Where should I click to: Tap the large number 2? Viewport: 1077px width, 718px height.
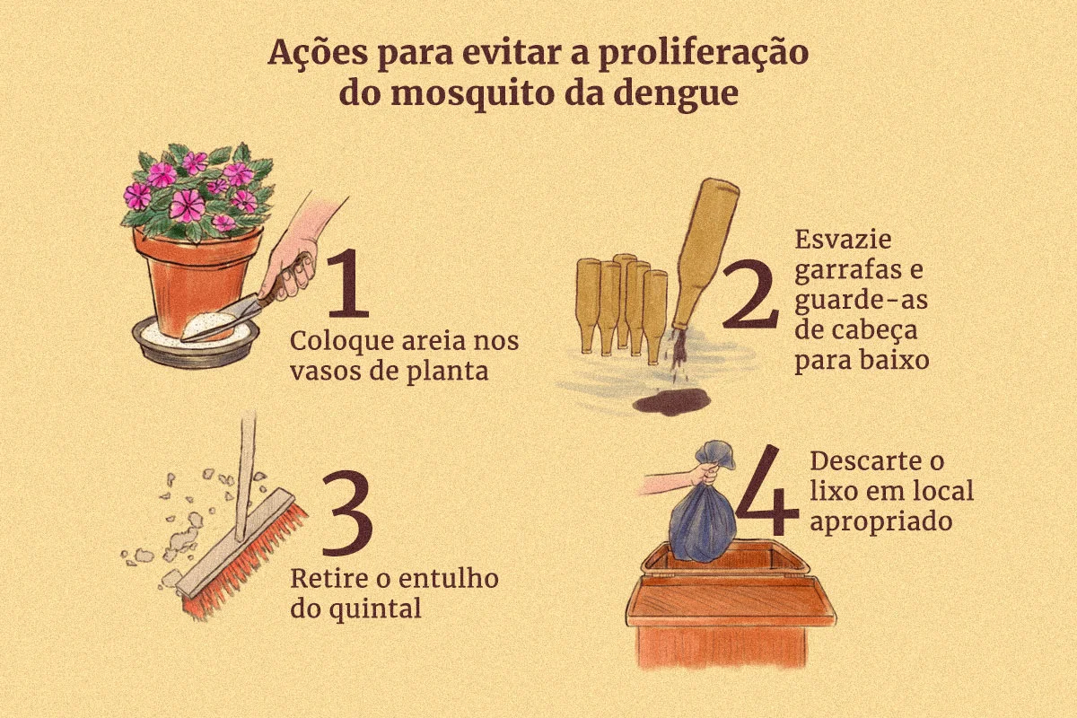[750, 293]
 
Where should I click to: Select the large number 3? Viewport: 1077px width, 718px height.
[347, 512]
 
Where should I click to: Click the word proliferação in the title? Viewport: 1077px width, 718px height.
[704, 53]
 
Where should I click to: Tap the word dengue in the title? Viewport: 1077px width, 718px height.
[676, 93]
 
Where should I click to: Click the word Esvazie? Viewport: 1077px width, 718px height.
[843, 239]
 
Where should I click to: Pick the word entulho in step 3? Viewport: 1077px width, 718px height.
[445, 578]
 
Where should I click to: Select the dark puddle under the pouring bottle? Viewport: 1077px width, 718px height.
[672, 401]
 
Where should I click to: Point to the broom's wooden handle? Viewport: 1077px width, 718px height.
[246, 475]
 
